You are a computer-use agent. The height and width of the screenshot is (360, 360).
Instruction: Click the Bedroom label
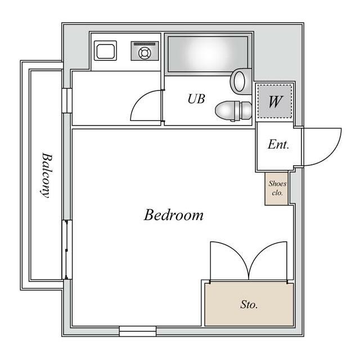point(174,215)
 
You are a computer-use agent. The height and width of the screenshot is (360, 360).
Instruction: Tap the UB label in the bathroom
point(196,99)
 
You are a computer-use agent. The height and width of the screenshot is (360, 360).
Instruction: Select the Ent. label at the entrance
point(278,145)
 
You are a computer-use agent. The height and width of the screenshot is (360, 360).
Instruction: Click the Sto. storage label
point(249,304)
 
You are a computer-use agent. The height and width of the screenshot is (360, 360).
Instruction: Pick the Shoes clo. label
point(277,188)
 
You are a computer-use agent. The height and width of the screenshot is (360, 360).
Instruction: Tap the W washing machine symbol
point(275,101)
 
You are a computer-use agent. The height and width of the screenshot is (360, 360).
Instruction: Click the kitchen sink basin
point(106,51)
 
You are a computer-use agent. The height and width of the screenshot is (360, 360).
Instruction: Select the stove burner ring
point(145,53)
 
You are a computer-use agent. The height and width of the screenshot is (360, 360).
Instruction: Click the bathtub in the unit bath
point(208,54)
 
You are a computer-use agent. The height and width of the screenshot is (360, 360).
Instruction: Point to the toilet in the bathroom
point(233,111)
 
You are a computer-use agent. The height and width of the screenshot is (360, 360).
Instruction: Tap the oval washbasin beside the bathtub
point(241,81)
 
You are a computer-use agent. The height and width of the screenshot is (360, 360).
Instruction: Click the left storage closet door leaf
point(229,261)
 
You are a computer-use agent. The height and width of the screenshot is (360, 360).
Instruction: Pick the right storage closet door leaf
point(268,261)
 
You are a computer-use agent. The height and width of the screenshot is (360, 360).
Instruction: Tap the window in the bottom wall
point(138,331)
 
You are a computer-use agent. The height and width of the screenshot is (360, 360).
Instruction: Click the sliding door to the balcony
point(67,250)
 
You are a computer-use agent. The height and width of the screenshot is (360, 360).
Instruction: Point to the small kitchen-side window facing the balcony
point(67,101)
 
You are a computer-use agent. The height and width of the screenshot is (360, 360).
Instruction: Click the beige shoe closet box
point(276,188)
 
